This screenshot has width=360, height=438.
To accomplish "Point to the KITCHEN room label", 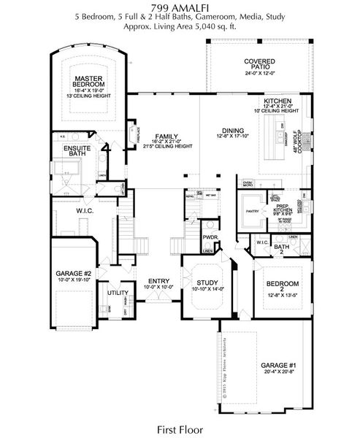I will click(x=278, y=100).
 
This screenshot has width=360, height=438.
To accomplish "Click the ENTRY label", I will click(x=159, y=280).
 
